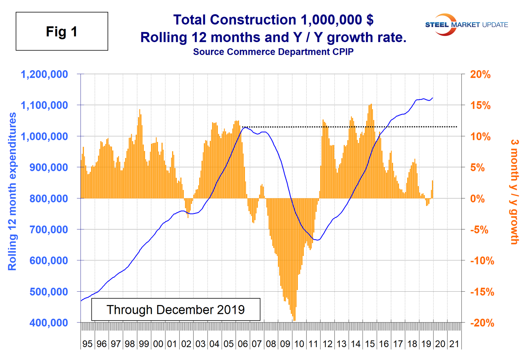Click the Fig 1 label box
[62, 31]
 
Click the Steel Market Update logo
[466, 25]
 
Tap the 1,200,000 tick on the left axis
[45, 74]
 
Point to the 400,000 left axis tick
[49, 322]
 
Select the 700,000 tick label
[49, 230]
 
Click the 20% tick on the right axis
[480, 74]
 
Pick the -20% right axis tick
[482, 323]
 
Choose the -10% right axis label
[482, 261]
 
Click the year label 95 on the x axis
[87, 344]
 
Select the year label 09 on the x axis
[285, 344]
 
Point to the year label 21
[454, 344]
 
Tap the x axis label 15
[370, 344]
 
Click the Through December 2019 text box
[176, 309]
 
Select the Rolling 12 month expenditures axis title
[12, 191]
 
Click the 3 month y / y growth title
[514, 191]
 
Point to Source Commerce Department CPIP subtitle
[273, 52]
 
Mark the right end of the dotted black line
[457, 127]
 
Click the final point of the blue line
[433, 98]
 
